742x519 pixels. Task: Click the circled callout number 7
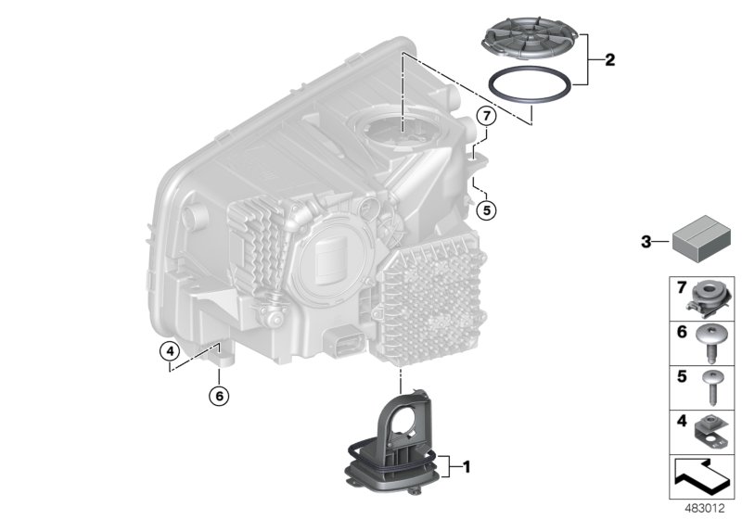(486, 117)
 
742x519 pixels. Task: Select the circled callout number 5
(487, 209)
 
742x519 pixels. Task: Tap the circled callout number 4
(168, 351)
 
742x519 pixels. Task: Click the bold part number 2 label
(609, 61)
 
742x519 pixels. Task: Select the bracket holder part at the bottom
(397, 445)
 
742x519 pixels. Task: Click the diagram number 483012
(705, 508)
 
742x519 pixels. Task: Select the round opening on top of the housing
(398, 129)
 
